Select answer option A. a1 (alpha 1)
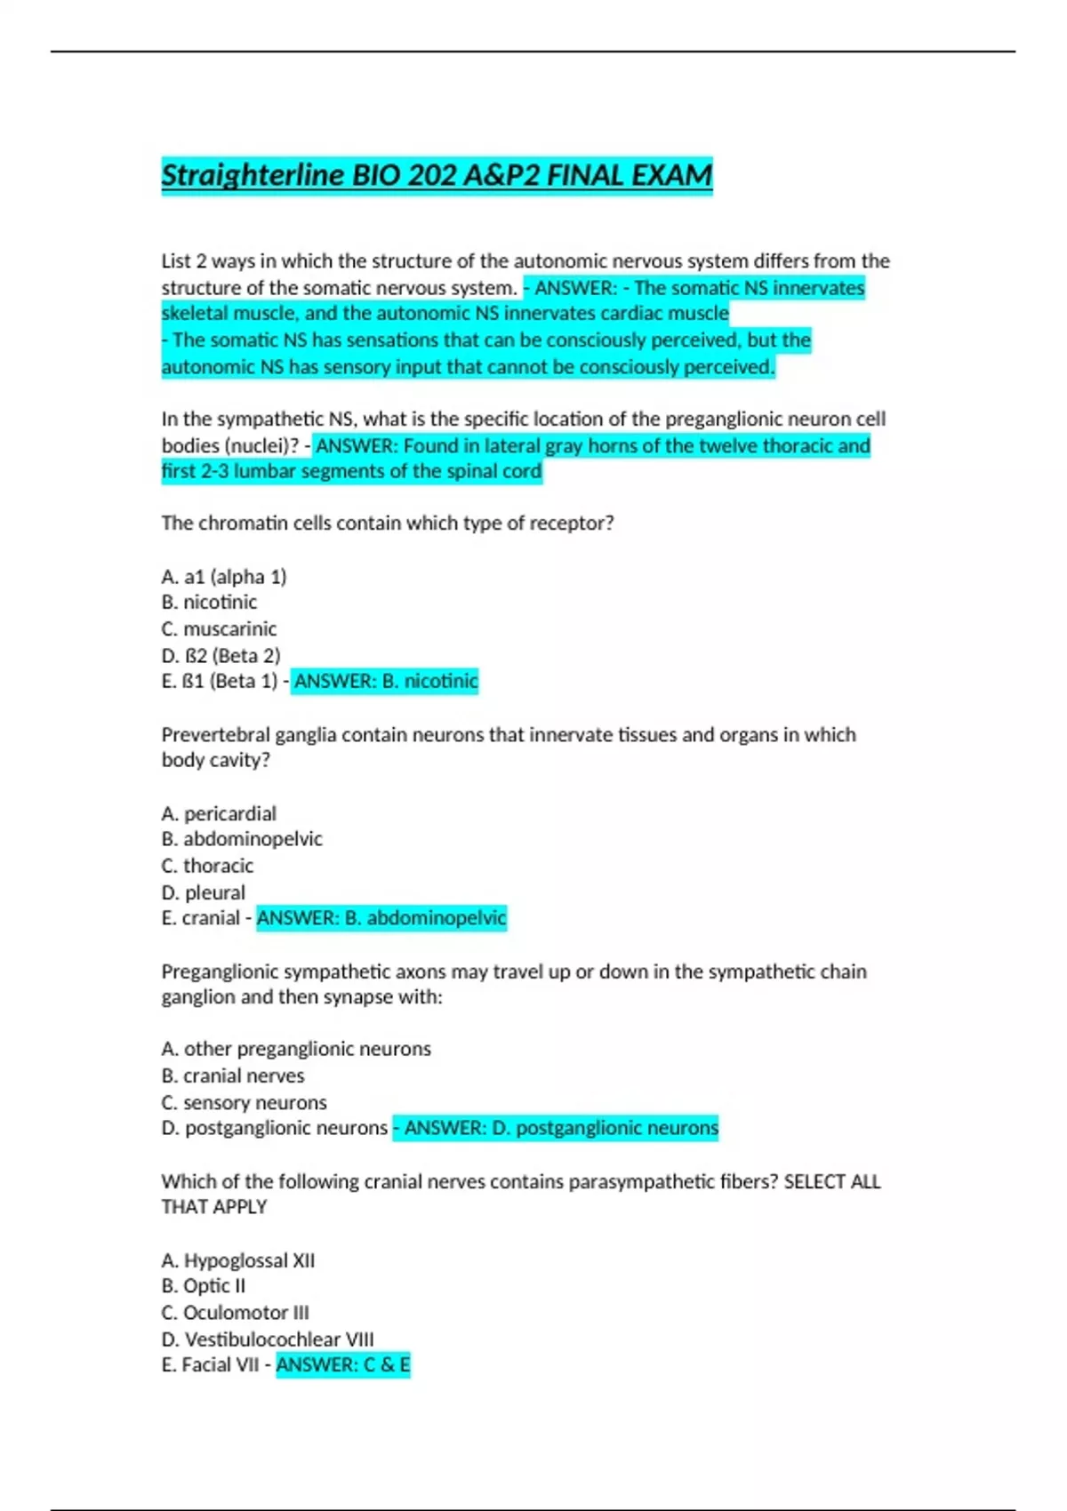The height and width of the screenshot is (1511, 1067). coord(224,577)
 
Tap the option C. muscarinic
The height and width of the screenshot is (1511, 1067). coord(219,629)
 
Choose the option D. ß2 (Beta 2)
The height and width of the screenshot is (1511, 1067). coord(221,656)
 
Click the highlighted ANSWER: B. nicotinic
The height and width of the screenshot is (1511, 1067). coord(385,682)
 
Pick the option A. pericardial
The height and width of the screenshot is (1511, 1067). coord(219,813)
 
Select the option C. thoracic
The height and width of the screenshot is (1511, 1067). coord(207,866)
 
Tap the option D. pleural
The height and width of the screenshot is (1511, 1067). coord(203,892)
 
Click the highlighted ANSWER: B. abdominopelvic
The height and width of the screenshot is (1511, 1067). coord(381,918)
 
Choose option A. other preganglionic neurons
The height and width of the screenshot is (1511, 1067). coord(296,1049)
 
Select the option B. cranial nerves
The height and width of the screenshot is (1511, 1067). coord(233,1075)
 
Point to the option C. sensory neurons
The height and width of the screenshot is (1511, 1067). coord(244,1102)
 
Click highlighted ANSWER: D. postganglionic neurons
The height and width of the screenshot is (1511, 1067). coord(556,1128)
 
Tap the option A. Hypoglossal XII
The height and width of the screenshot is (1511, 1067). coord(238,1260)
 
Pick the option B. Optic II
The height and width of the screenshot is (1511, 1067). coord(204,1286)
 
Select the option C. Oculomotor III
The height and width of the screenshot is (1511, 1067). coord(235,1313)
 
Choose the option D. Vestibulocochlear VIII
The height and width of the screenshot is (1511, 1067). coord(268,1339)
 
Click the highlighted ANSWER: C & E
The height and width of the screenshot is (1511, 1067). coord(343,1365)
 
